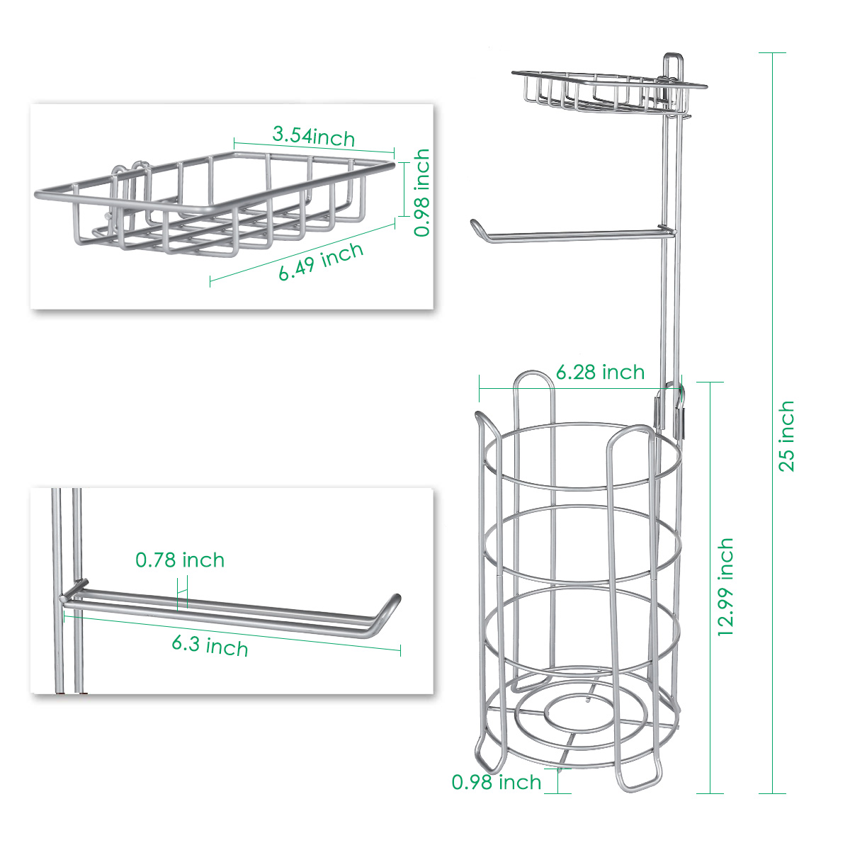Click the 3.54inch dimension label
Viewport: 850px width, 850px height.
[314, 136]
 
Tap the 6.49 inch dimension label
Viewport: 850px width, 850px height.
[321, 261]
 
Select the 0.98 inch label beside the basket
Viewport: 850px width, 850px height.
[421, 193]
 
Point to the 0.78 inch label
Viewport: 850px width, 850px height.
[180, 560]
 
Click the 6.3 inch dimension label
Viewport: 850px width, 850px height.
[210, 646]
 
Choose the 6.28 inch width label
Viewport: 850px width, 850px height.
[600, 373]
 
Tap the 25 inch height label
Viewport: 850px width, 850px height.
[786, 436]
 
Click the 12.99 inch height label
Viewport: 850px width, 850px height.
[725, 586]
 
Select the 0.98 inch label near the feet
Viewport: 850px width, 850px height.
[497, 782]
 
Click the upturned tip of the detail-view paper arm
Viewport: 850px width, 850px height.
[396, 599]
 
